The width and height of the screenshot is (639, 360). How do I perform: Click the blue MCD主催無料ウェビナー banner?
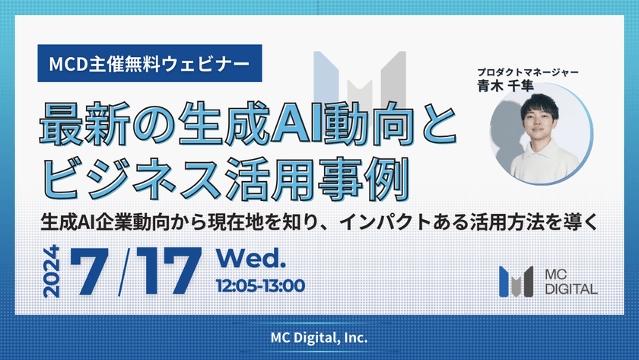[150, 63]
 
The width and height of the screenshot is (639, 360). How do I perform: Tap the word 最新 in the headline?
[84, 124]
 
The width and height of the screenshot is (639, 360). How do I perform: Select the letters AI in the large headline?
[297, 124]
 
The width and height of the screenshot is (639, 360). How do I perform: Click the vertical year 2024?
[52, 272]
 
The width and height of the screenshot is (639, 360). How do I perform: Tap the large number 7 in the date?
[89, 271]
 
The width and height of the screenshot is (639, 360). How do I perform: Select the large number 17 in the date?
[169, 271]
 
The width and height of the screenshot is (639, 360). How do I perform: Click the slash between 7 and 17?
[124, 272]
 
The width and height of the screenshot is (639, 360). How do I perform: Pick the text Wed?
[250, 259]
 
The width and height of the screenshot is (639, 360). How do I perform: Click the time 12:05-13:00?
[260, 285]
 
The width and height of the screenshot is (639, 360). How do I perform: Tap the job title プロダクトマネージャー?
[528, 72]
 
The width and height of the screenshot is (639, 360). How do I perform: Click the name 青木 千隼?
[505, 85]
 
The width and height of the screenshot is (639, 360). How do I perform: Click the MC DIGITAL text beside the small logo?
[571, 282]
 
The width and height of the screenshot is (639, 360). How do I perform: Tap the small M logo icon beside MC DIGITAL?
[516, 282]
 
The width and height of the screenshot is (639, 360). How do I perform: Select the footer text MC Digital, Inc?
[319, 338]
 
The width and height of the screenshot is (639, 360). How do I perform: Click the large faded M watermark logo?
[360, 78]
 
